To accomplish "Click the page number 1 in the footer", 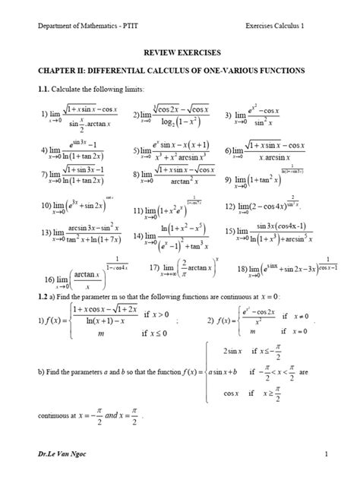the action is point(324,453).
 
